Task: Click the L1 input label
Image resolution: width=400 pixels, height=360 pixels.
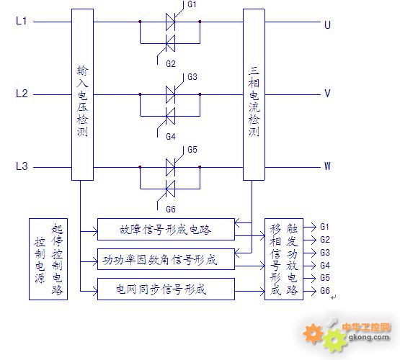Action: [21, 21]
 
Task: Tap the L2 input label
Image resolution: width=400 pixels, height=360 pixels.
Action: [22, 94]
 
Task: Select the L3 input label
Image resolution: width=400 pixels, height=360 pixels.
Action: [22, 166]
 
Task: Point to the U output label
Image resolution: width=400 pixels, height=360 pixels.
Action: [327, 24]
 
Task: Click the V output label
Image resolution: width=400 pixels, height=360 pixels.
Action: [327, 94]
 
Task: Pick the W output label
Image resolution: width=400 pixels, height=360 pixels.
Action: [327, 166]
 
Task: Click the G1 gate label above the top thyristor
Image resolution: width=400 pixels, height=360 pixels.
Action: [192, 4]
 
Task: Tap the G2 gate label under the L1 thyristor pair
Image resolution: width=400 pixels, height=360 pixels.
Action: [171, 63]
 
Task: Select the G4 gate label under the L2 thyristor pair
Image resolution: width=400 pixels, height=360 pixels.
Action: [171, 137]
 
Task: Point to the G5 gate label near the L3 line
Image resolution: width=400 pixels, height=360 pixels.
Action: [192, 150]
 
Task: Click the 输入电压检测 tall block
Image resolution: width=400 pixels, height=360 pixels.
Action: [82, 94]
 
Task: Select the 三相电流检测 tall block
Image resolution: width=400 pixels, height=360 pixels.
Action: [254, 94]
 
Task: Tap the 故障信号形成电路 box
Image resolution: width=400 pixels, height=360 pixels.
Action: [166, 229]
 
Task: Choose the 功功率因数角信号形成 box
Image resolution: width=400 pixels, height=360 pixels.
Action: [166, 259]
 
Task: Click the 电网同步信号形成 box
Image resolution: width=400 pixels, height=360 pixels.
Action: [166, 289]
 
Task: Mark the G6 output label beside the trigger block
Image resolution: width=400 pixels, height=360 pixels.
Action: [325, 291]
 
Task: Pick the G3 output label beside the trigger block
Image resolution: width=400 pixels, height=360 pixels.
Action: [325, 253]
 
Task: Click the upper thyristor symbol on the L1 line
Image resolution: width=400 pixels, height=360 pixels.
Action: [170, 22]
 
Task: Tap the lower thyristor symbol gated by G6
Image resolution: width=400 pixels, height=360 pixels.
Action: [170, 189]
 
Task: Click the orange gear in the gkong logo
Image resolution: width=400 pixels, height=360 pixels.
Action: [313, 333]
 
